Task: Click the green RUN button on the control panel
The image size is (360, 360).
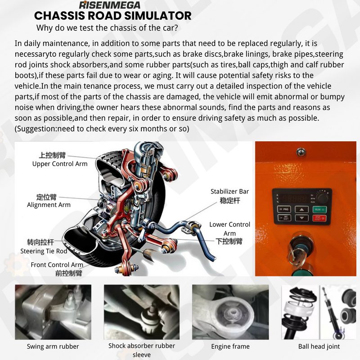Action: [319, 209]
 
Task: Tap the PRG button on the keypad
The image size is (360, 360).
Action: [284, 209]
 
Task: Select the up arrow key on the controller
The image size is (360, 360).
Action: [301, 209]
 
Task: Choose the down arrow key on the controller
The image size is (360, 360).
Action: [301, 219]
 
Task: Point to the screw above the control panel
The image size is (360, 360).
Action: [300, 153]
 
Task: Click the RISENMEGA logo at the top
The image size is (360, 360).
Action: [109, 5]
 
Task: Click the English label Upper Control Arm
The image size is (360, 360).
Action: [60, 164]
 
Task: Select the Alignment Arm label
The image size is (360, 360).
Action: [49, 205]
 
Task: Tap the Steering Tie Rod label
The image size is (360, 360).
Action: [44, 251]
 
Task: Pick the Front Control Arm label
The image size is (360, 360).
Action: [57, 265]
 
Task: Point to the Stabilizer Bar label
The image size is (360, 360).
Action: [229, 191]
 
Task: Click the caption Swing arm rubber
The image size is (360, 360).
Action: [53, 346]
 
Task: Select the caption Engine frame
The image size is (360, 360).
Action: [230, 346]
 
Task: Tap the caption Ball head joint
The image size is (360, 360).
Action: [319, 346]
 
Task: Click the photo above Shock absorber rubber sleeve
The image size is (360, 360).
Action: [141, 311]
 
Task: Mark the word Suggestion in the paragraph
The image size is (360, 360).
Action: [34, 129]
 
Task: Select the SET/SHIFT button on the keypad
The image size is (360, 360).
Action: [284, 219]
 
